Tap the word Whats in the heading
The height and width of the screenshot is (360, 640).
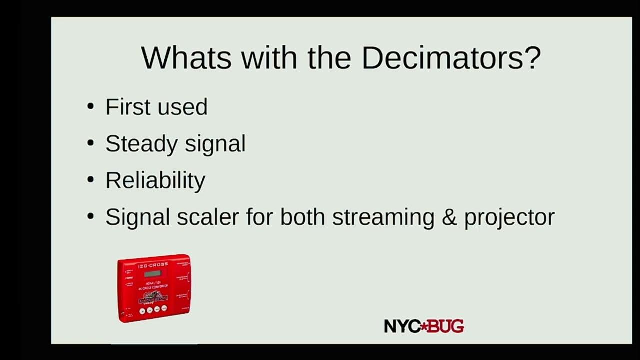(186, 58)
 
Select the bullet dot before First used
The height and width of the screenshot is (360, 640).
(90, 106)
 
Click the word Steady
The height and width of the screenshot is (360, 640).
(141, 144)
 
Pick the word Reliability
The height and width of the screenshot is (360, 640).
(155, 180)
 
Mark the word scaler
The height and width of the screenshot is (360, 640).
(208, 217)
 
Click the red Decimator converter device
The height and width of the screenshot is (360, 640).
(154, 288)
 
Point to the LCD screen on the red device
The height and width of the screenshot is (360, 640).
(153, 273)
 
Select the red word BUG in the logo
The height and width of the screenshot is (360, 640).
(446, 327)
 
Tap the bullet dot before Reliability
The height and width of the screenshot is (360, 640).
(90, 179)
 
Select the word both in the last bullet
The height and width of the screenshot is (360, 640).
(303, 217)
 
